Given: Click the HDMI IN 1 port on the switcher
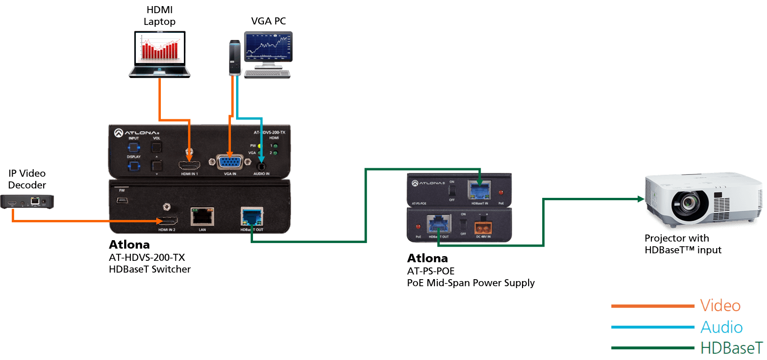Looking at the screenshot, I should click(x=189, y=165).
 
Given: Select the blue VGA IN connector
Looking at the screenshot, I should click(x=229, y=162).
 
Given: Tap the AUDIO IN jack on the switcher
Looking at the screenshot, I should click(x=261, y=165).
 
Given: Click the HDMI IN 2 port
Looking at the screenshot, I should click(x=167, y=221).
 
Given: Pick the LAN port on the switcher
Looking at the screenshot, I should click(x=202, y=217).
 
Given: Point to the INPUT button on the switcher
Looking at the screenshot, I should click(x=134, y=147).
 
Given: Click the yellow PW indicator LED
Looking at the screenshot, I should click(x=260, y=146).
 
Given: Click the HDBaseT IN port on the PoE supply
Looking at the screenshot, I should click(x=480, y=191).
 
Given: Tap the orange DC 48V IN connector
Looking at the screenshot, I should click(x=483, y=228).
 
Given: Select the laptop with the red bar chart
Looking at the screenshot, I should click(x=160, y=53).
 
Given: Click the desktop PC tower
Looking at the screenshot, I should click(x=235, y=58).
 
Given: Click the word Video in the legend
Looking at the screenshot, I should click(x=720, y=306).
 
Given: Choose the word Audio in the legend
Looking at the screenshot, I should click(x=721, y=327).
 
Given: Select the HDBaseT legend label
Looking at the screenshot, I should click(x=731, y=348).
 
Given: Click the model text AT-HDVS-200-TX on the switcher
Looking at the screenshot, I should click(x=269, y=133).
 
